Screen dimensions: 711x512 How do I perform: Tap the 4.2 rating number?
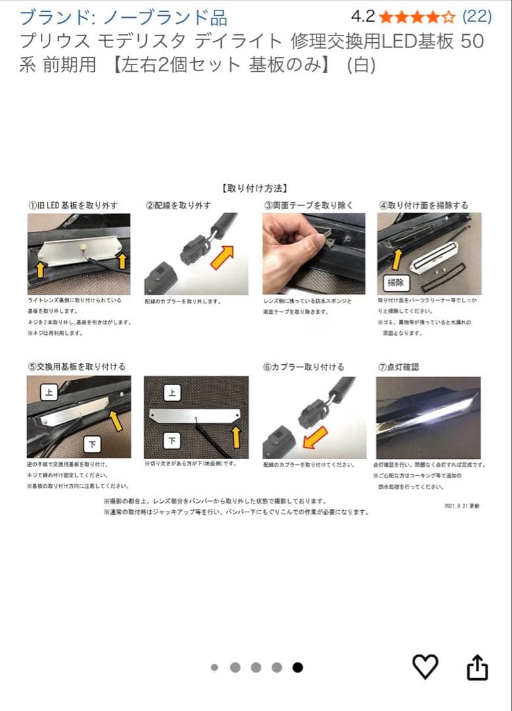pos(363,16)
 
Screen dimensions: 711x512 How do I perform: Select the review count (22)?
pos(477,16)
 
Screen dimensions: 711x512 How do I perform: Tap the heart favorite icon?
pos(425,667)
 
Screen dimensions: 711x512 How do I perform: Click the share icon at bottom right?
pos(477,667)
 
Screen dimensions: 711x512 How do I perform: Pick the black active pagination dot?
pos(297,668)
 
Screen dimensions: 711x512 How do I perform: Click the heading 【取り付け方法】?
pos(255,188)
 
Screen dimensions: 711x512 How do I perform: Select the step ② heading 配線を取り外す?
pos(178,205)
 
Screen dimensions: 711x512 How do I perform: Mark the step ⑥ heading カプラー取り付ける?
pos(303,367)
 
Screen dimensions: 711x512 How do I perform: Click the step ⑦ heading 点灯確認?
pos(398,367)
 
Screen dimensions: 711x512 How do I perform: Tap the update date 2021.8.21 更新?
pos(462,506)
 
